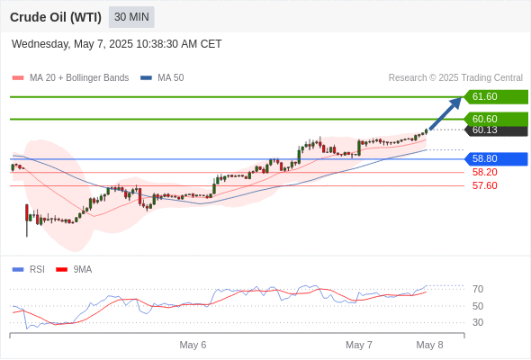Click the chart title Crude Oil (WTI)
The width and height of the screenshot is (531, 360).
56,17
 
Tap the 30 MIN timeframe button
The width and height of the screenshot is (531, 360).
131,17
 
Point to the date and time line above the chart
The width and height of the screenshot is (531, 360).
116,44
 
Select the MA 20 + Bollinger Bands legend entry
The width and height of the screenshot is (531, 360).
70,78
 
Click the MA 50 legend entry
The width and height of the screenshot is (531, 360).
162,78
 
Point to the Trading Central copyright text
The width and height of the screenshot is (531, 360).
455,78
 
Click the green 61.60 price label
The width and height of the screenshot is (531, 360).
496,97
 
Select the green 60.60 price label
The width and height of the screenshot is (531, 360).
496,119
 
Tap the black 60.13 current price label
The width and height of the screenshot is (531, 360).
496,130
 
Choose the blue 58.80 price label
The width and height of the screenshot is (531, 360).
496,158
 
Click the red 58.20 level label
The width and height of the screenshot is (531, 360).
484,173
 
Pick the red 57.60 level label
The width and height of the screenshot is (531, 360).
484,186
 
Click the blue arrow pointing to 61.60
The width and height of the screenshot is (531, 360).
445,113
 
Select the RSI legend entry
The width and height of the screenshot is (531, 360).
28,270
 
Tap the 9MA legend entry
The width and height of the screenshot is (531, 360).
74,270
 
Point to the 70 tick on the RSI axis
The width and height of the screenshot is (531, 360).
478,289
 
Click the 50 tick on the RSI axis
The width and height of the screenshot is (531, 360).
478,306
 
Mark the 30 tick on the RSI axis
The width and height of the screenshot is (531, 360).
478,322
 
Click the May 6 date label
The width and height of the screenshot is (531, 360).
193,345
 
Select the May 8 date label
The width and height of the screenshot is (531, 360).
429,345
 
